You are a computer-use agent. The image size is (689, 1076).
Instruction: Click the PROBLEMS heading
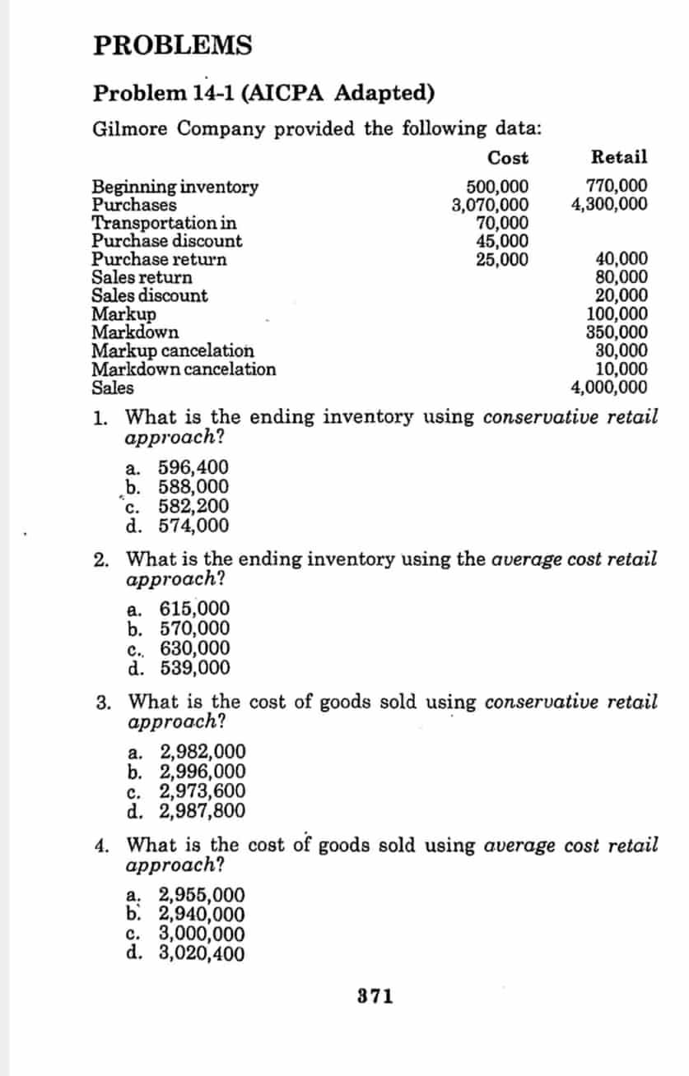click(x=173, y=45)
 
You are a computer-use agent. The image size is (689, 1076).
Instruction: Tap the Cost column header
click(x=508, y=157)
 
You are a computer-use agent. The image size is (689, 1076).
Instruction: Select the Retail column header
click(x=619, y=157)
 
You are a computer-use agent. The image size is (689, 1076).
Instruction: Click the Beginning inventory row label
click(x=175, y=187)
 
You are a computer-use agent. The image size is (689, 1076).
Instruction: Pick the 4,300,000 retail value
click(x=609, y=204)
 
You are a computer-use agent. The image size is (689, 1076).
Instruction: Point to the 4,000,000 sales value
click(x=609, y=387)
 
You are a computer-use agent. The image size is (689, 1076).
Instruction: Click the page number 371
click(x=375, y=997)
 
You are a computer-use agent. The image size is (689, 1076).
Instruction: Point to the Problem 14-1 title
click(x=263, y=92)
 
